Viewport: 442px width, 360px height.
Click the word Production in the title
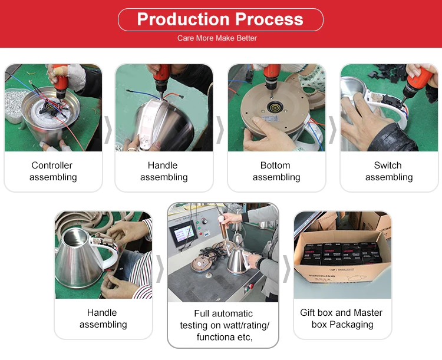(183, 19)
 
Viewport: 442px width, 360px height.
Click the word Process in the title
(269, 19)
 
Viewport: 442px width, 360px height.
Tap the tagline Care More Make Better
(217, 38)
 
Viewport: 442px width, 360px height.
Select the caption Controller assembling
(53, 171)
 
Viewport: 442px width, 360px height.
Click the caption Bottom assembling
(276, 171)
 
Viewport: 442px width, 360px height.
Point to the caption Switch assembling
(389, 171)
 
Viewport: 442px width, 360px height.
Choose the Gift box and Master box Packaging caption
(341, 318)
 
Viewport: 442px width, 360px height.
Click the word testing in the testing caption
(194, 325)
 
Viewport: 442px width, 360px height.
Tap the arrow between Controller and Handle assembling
(108, 130)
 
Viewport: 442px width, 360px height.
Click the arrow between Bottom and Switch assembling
(333, 130)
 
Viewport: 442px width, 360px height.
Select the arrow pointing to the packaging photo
(286, 269)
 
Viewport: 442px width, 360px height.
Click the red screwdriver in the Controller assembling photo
(60, 81)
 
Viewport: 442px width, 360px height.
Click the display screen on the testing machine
(183, 233)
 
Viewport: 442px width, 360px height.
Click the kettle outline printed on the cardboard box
(357, 278)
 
